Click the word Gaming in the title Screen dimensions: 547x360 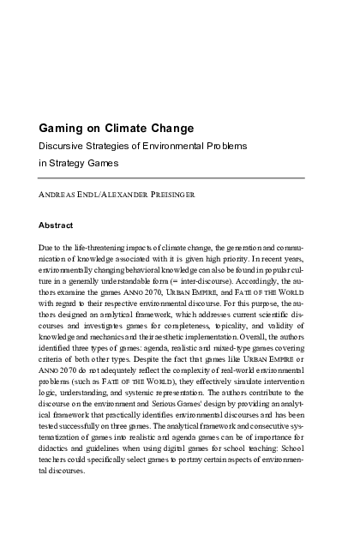tap(62, 129)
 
